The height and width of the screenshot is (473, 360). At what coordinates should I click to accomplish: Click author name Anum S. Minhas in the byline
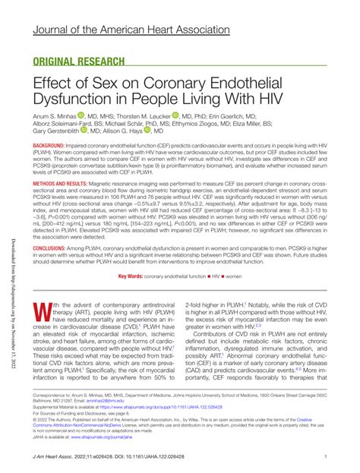point(57,116)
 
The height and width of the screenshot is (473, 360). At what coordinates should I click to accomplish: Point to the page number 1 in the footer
point(325,456)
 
